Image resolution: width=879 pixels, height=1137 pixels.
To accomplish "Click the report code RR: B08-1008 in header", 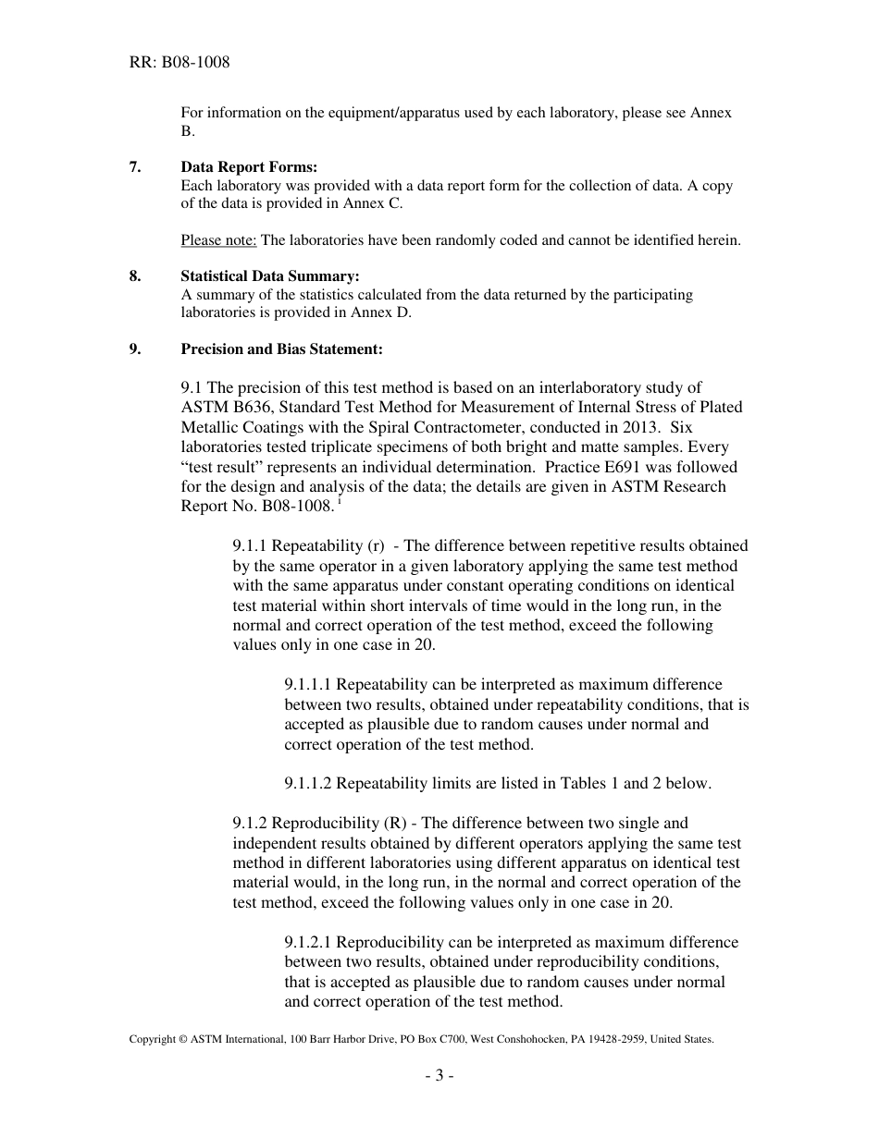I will click(180, 63).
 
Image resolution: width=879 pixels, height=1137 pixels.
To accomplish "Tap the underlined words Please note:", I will click(218, 240).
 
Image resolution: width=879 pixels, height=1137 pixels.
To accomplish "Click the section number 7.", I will click(135, 167).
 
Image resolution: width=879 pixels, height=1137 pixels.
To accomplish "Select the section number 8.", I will click(135, 276).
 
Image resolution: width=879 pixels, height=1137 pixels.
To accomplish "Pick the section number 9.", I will click(135, 349).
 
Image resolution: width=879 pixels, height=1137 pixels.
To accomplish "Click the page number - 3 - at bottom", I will click(439, 1075).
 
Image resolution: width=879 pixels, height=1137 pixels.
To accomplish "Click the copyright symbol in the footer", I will click(182, 1039).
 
